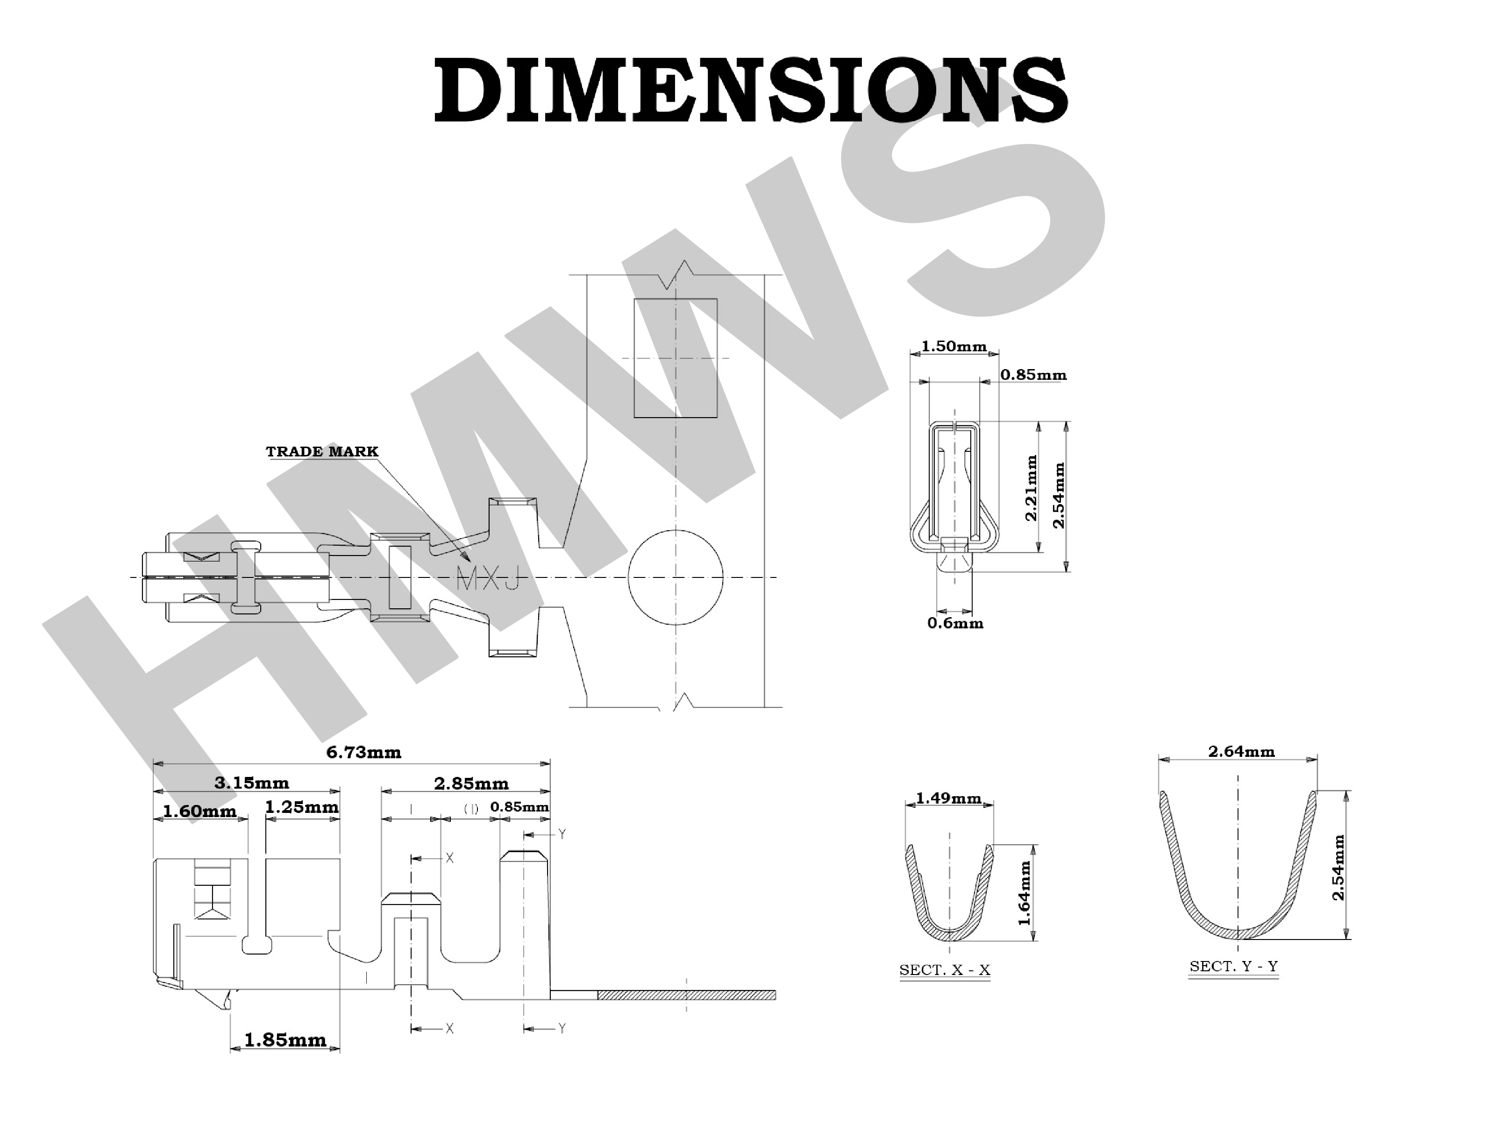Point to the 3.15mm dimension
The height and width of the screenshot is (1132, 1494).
251,783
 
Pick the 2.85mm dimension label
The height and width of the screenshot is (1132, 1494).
471,783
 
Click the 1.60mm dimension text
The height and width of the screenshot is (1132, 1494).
200,811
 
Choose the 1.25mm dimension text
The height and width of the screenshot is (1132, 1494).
301,807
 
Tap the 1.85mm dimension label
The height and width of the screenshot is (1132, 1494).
285,1039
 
